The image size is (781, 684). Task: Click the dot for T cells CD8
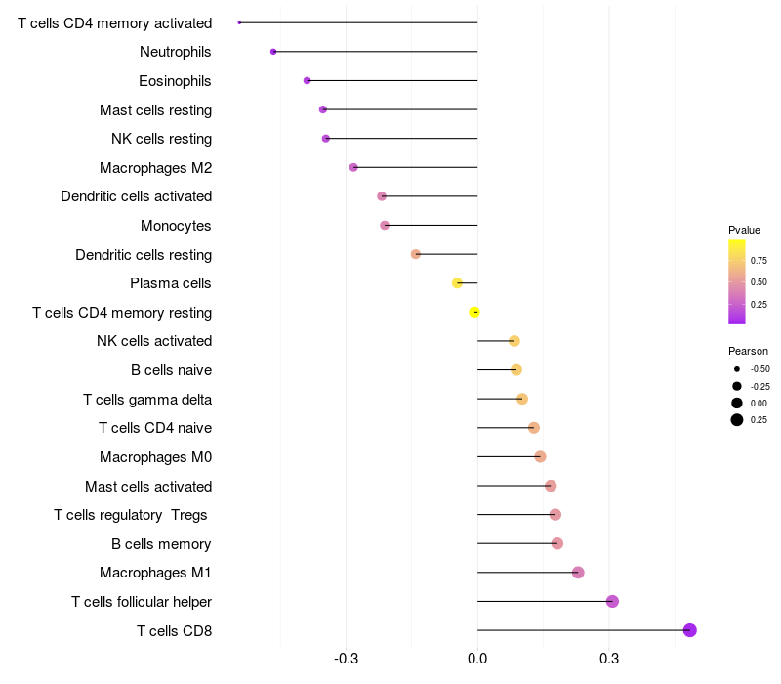[x=689, y=630]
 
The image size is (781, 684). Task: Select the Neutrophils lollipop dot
[x=273, y=52]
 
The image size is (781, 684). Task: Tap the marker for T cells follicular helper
[x=612, y=601]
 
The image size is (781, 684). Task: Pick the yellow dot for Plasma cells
[x=457, y=283]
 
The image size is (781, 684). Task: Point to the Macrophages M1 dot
[x=578, y=573]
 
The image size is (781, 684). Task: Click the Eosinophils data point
[x=308, y=81]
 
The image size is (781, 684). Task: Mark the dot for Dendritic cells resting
[x=416, y=254]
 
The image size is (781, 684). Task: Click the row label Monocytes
[x=176, y=226]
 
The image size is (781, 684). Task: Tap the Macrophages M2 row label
[x=155, y=168]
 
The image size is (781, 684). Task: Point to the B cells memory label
[x=161, y=543]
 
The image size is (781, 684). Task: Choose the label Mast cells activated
[x=148, y=486]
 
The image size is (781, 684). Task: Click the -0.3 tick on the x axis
[x=347, y=659]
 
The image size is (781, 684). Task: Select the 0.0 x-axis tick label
[x=477, y=659]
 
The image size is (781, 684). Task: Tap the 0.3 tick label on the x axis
[x=609, y=659]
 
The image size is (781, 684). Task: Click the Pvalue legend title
[x=744, y=230]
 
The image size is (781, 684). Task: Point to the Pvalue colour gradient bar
[x=737, y=281]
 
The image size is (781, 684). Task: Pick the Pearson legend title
[x=748, y=351]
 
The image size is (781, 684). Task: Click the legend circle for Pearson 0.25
[x=737, y=420]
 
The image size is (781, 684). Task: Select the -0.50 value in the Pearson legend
[x=760, y=369]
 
